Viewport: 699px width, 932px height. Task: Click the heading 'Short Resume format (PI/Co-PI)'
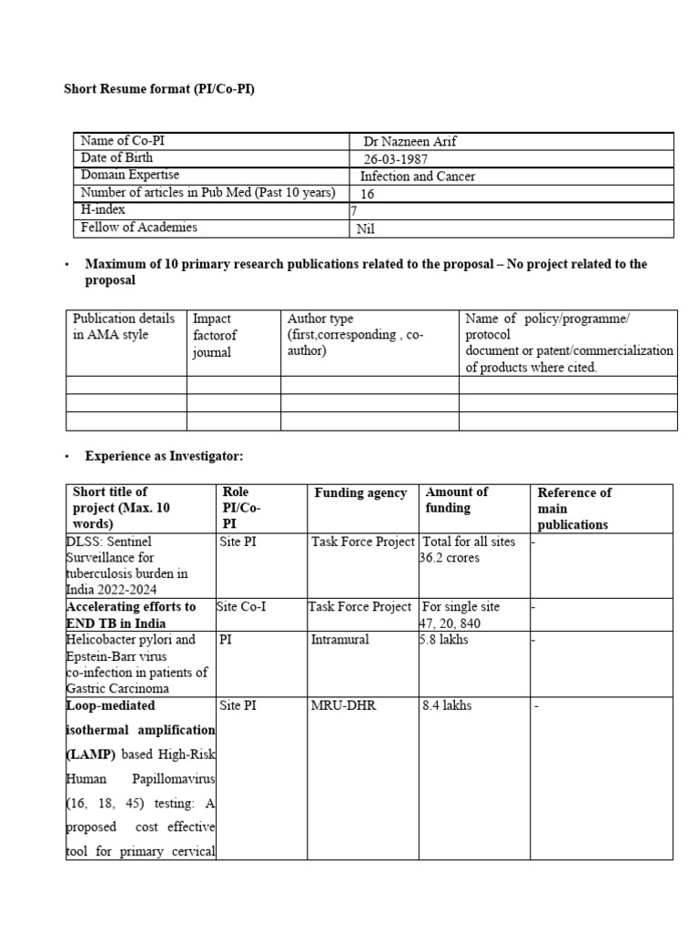[x=158, y=90]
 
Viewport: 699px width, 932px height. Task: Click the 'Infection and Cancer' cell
[x=418, y=176]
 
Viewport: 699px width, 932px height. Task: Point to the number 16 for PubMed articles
[x=368, y=194]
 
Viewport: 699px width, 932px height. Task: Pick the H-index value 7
[x=355, y=210]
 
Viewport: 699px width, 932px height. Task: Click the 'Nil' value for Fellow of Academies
[x=366, y=228]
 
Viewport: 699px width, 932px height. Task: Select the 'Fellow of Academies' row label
[x=138, y=228]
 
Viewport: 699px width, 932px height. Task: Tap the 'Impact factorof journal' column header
[x=213, y=335]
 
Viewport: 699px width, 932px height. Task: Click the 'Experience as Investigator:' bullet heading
[x=165, y=455]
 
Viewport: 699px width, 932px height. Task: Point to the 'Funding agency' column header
[x=360, y=492]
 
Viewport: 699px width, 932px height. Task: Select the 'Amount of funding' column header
[x=457, y=500]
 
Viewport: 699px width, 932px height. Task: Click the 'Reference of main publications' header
[x=574, y=508]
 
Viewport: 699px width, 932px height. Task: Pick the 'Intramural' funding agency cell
[x=339, y=640]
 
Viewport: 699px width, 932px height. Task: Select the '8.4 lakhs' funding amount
[x=448, y=705]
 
